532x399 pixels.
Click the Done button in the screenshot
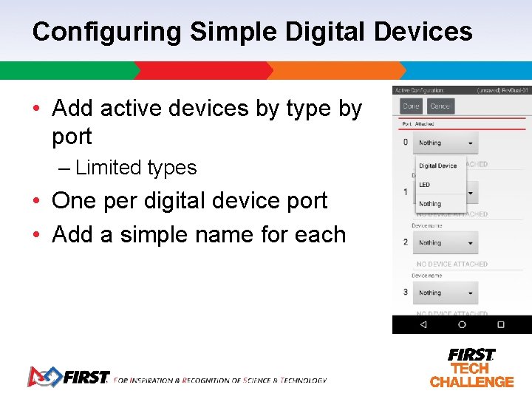(411, 106)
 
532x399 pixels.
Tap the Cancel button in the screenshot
(440, 106)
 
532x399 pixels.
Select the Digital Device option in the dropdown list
(438, 166)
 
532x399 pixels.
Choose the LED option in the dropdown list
(425, 185)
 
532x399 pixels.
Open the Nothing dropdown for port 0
(446, 143)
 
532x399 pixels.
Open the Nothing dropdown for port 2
(446, 242)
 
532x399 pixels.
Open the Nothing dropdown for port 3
(446, 293)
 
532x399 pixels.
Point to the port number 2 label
(405, 242)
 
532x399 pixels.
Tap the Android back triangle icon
(423, 324)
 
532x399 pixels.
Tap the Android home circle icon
(462, 324)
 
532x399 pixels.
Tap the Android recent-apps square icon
(501, 324)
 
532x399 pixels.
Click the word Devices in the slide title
(423, 32)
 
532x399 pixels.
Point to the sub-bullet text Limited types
(136, 168)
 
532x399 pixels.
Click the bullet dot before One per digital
(36, 201)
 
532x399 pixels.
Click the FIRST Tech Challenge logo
(471, 367)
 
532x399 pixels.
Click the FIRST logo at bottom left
(68, 377)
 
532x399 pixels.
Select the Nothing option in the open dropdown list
(430, 204)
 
